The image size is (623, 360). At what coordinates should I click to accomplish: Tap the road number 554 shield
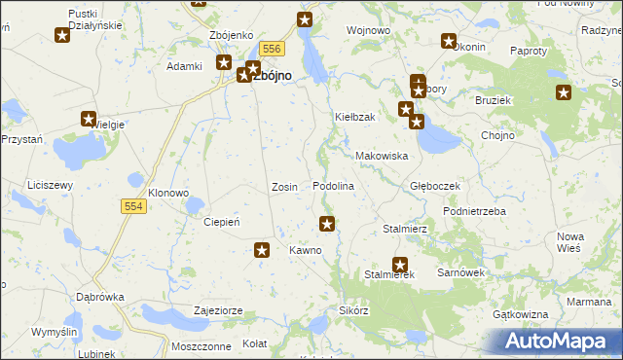pyautogui.click(x=134, y=206)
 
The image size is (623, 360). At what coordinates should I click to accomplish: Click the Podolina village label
pyautogui.click(x=332, y=186)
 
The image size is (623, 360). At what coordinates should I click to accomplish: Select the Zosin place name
pyautogui.click(x=284, y=187)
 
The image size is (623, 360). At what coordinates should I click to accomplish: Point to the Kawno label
pyautogui.click(x=305, y=250)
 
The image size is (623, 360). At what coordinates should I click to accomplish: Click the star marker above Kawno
pyautogui.click(x=328, y=224)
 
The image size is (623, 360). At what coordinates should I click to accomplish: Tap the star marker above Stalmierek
pyautogui.click(x=400, y=264)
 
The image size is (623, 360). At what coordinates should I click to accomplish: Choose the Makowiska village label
pyautogui.click(x=381, y=156)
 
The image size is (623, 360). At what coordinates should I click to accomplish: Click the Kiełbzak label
pyautogui.click(x=355, y=117)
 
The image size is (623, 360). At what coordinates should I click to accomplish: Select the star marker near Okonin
pyautogui.click(x=449, y=41)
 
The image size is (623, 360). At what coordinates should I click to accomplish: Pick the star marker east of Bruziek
pyautogui.click(x=564, y=93)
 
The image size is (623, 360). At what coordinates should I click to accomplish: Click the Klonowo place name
pyautogui.click(x=167, y=193)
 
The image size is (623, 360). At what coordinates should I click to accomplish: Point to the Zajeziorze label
pyautogui.click(x=218, y=311)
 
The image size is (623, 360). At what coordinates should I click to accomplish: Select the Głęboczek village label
pyautogui.click(x=434, y=186)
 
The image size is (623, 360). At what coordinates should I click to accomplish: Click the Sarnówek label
pyautogui.click(x=461, y=273)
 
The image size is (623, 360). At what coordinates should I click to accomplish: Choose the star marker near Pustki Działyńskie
pyautogui.click(x=62, y=36)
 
